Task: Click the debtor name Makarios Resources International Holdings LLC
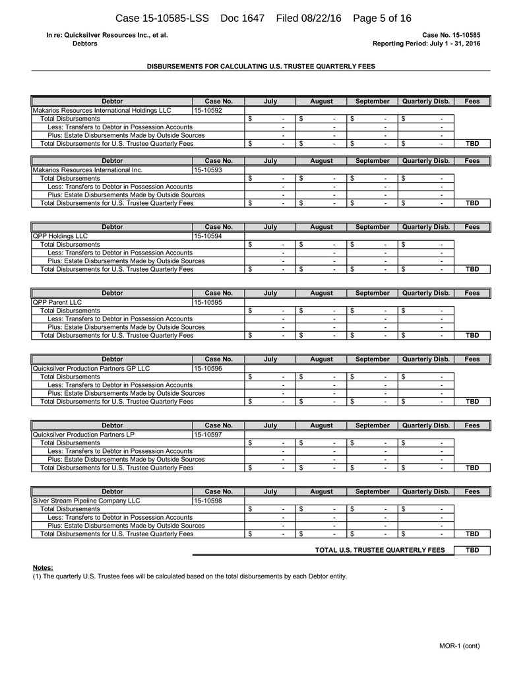tap(102, 111)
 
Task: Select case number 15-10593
tap(208, 170)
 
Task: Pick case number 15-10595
tap(208, 302)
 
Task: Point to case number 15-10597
tap(208, 434)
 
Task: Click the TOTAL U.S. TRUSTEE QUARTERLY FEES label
tap(380, 550)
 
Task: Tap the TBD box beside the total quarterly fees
tap(472, 550)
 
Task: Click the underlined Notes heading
tap(43, 568)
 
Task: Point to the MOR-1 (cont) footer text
tap(460, 646)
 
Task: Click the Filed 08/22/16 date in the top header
tap(309, 18)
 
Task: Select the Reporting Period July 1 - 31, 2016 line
tap(426, 44)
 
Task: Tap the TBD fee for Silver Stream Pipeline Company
tap(472, 534)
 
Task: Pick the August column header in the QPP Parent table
tap(321, 293)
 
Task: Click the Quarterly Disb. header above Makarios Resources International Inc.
tap(425, 161)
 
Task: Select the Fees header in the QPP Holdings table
tap(472, 227)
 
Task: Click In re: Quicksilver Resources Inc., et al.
tap(107, 35)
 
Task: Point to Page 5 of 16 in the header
tap(383, 18)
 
